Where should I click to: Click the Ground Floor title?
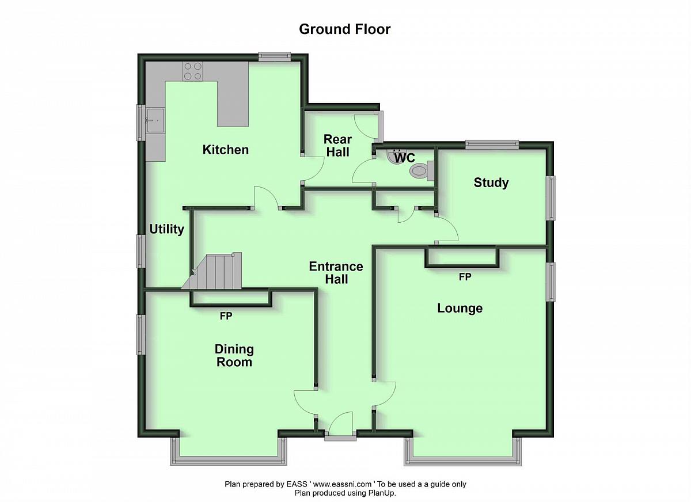point(344,29)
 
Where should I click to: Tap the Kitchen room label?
point(226,150)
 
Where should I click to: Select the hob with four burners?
point(193,71)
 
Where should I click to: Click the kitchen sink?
point(155,120)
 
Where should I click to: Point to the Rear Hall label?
point(338,146)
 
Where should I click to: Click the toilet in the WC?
point(422,170)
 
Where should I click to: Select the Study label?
point(491,182)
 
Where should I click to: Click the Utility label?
point(166,230)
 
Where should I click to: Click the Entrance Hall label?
point(336,273)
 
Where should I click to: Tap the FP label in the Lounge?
point(465,277)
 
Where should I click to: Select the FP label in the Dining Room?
point(226,316)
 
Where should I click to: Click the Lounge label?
point(460,309)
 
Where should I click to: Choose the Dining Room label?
point(234,356)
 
